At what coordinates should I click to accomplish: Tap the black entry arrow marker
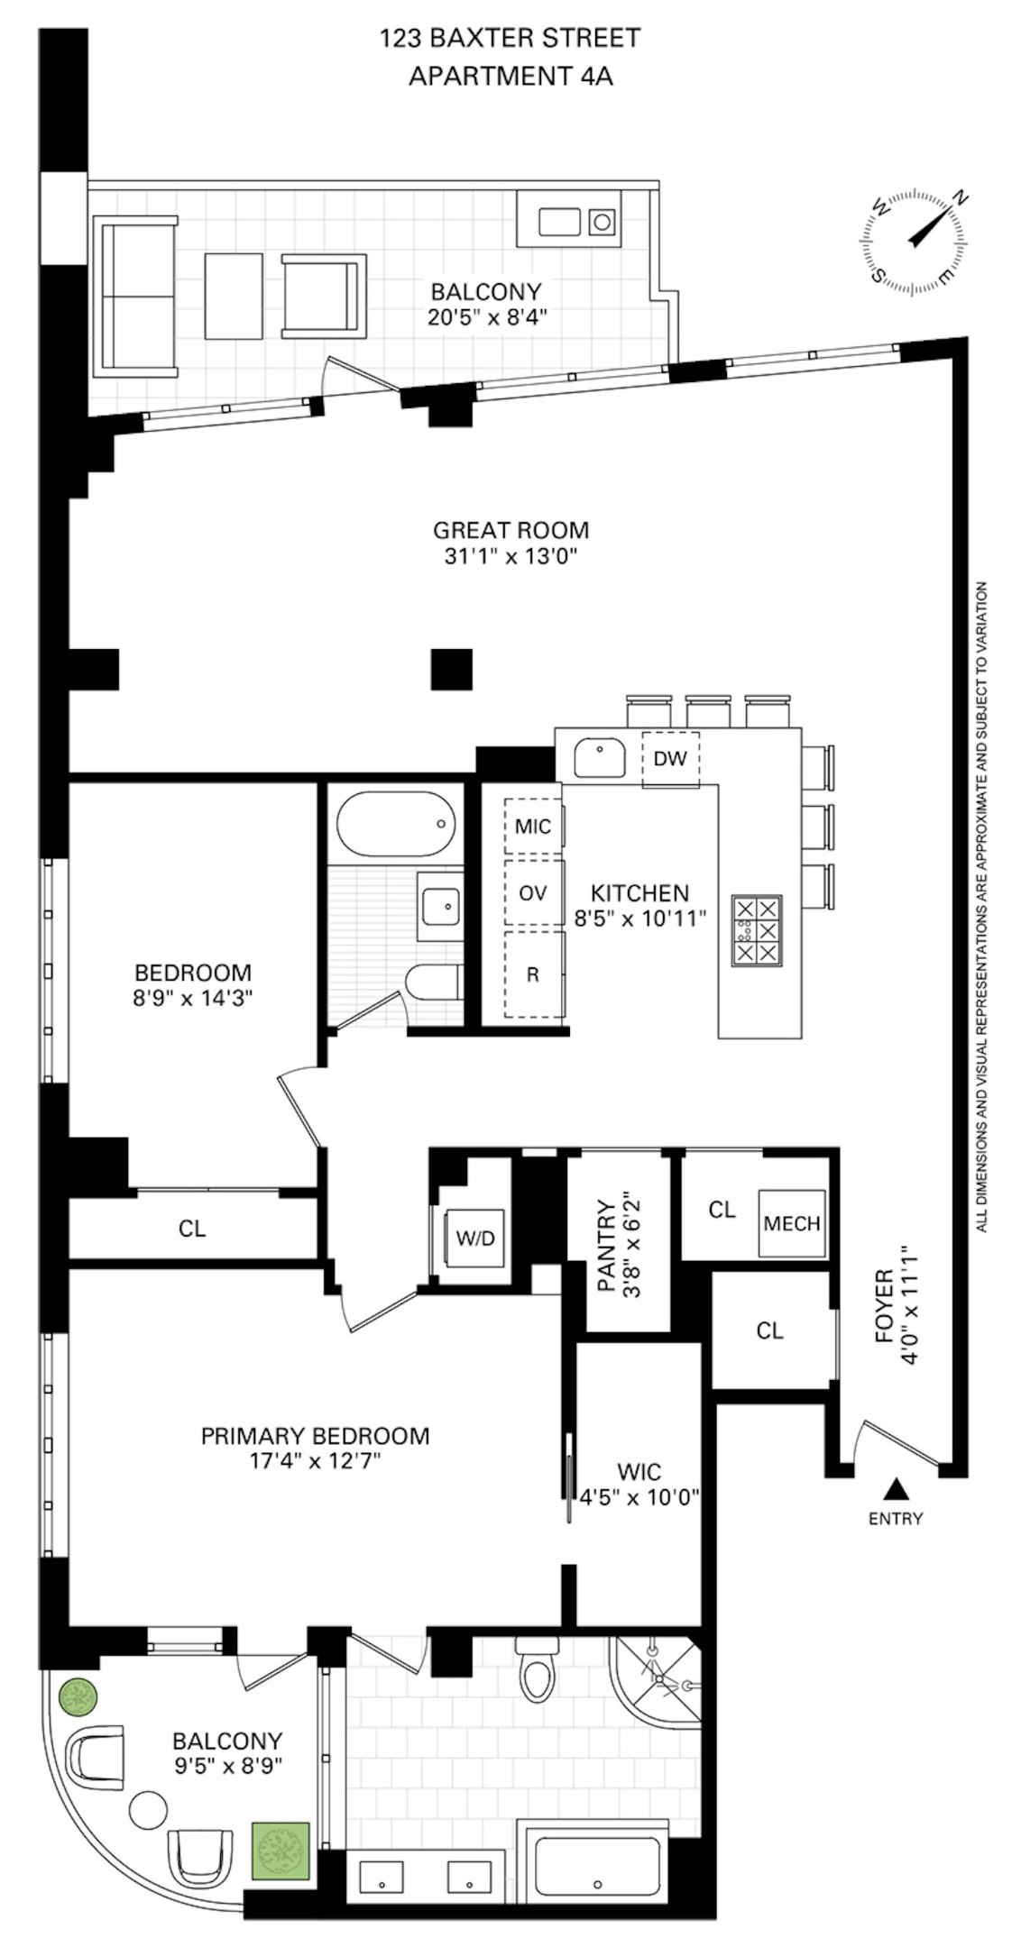click(x=895, y=1487)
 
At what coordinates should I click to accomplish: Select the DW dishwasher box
click(x=669, y=758)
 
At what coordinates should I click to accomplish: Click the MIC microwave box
click(x=533, y=826)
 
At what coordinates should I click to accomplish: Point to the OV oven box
click(x=533, y=893)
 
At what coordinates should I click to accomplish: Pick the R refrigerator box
click(x=533, y=974)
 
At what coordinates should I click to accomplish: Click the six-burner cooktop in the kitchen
click(x=757, y=929)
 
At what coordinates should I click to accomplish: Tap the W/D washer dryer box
click(x=474, y=1238)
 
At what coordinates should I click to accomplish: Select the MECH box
click(x=791, y=1223)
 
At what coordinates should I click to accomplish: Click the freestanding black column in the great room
click(x=451, y=670)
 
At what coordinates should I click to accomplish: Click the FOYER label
click(x=885, y=1317)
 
